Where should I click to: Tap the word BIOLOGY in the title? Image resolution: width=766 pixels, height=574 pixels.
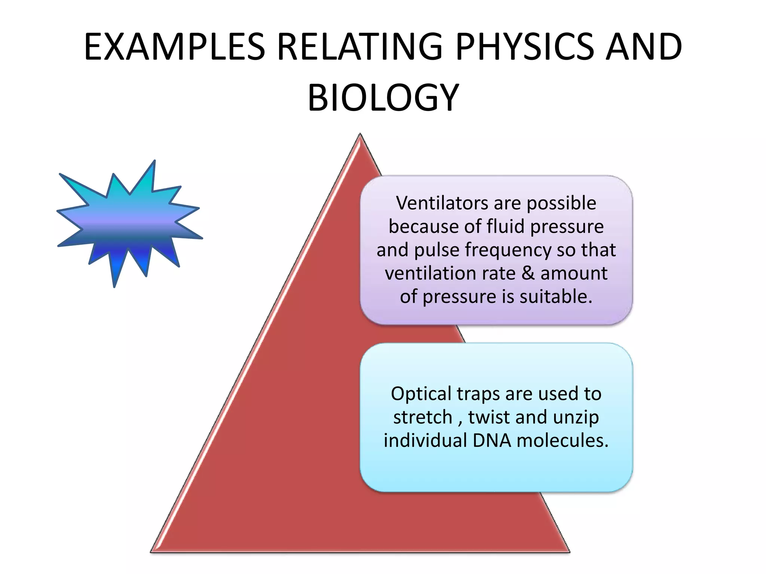[x=383, y=98]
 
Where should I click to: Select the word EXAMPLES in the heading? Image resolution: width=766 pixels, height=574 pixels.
[x=174, y=47]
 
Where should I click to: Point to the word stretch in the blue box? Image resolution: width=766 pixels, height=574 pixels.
[x=422, y=417]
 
